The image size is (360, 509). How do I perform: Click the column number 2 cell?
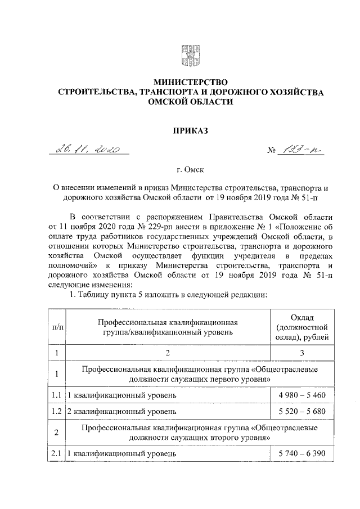(168, 353)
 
